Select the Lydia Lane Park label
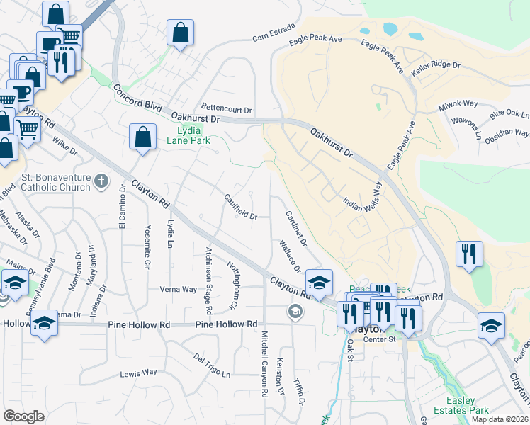coord(189,135)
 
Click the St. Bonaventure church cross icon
coord(101,181)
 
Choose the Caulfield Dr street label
coord(241,208)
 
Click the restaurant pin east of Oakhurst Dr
coord(469,254)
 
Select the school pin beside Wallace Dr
coord(319,282)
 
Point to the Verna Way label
coord(178,289)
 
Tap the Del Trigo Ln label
coord(213,365)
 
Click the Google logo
coord(24,416)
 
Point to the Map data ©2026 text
coord(500,419)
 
